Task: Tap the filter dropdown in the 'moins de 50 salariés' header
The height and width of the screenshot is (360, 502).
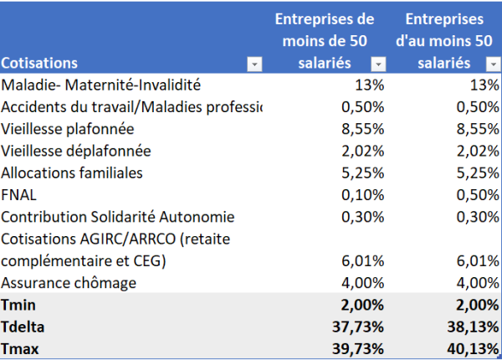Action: coord(378,64)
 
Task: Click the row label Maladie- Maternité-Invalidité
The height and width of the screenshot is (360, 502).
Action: coord(101,85)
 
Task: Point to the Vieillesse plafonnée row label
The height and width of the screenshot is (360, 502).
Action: coord(68,129)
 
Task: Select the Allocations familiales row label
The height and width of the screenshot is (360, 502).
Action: coord(72,173)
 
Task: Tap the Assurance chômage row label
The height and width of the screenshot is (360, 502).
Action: coord(69,283)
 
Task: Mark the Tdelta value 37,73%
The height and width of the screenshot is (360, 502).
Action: coord(358,327)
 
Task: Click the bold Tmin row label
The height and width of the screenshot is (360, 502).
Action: coord(21,305)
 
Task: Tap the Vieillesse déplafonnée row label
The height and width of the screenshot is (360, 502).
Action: coord(76,152)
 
